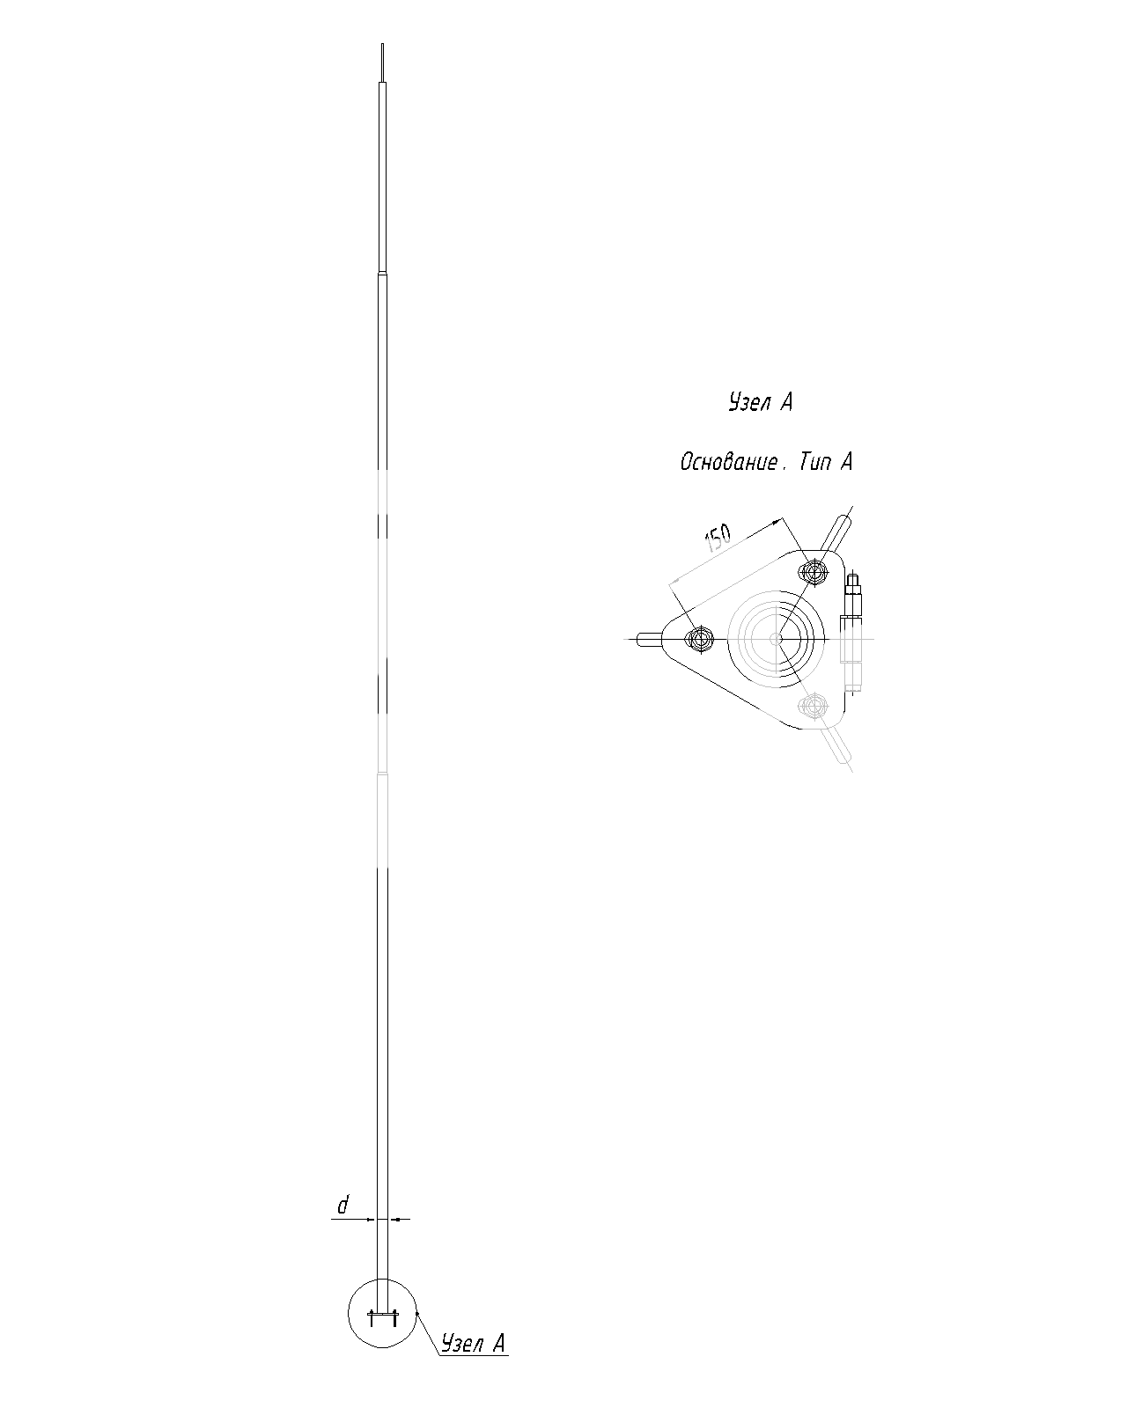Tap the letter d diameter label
coord(343,1205)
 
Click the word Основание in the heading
coord(729,463)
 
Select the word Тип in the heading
coord(814,463)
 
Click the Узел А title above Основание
coord(760,402)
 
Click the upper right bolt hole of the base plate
coord(813,573)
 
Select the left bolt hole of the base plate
coord(699,639)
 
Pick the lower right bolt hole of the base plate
coord(813,705)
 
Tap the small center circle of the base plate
coord(777,639)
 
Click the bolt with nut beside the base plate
coord(852,631)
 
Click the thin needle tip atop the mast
coord(382,62)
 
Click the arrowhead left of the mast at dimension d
coord(371,1219)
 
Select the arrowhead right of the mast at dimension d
coord(394,1219)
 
